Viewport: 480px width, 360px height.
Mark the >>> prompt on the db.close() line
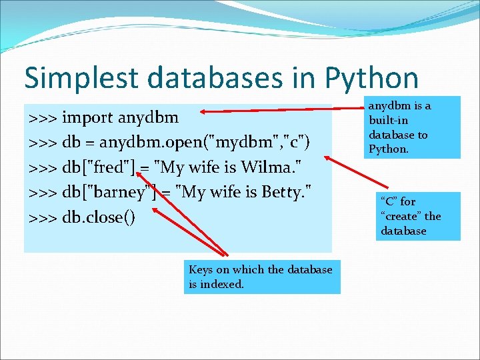click(43, 217)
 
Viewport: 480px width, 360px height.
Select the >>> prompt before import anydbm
click(43, 118)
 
